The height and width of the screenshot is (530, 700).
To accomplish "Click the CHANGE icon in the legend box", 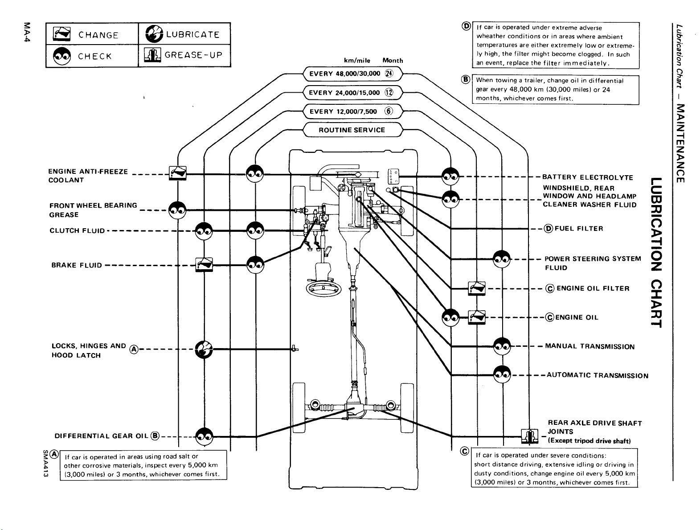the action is click(x=61, y=33).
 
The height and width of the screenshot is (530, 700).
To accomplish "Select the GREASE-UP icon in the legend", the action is click(x=152, y=55).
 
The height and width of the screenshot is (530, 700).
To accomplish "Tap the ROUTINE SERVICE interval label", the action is click(x=352, y=130).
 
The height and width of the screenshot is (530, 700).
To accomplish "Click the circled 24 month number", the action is click(x=389, y=74).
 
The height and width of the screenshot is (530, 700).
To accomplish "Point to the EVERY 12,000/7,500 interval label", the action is click(x=343, y=111).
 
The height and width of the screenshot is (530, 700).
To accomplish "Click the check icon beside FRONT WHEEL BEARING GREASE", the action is click(x=177, y=210).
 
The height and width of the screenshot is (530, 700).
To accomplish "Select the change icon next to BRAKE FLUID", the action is click(x=204, y=265).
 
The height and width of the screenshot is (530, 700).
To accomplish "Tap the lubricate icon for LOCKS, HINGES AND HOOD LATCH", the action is click(x=204, y=349).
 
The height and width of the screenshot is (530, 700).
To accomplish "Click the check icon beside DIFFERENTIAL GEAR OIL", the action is click(x=204, y=436).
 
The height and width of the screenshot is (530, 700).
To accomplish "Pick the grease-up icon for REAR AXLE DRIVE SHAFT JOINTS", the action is click(x=529, y=436).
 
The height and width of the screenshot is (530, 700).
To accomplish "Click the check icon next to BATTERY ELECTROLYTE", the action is click(x=450, y=176).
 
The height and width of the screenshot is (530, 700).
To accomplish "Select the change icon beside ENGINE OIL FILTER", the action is click(x=477, y=288).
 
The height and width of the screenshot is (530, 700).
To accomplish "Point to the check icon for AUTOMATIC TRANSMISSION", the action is click(x=502, y=374).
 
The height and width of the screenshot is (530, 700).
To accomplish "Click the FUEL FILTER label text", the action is click(x=579, y=228).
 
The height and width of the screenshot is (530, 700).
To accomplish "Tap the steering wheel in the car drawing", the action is click(x=323, y=288).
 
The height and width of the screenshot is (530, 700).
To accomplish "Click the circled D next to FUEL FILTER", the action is click(x=549, y=229).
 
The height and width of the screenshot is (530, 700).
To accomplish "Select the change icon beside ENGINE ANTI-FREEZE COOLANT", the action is click(x=178, y=173).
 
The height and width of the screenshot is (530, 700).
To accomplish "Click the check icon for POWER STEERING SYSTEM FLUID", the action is click(x=502, y=259).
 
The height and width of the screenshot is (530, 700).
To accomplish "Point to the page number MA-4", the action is click(x=27, y=32).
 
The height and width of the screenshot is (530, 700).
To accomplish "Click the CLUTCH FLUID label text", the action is click(x=77, y=230).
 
